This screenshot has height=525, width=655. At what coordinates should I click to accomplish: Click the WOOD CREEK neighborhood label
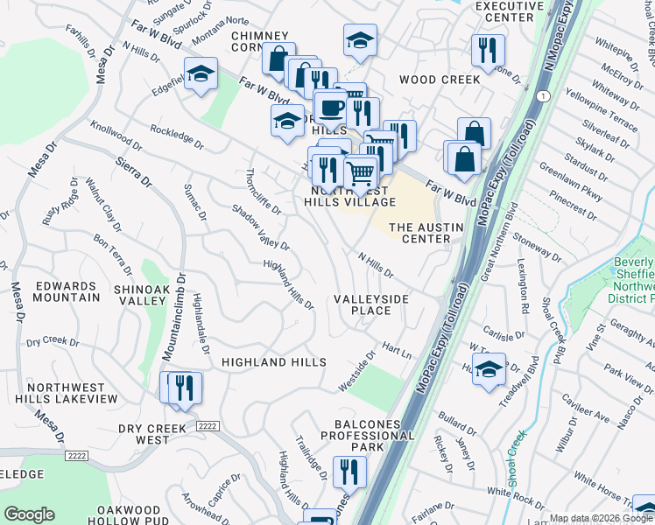click(440, 80)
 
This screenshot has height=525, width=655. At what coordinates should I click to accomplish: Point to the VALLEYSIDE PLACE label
click(371, 304)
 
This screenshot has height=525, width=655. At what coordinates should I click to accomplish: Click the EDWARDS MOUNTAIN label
click(67, 291)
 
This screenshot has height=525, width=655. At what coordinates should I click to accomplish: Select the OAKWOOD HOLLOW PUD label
click(128, 516)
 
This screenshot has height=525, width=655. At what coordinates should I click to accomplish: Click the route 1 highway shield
click(545, 94)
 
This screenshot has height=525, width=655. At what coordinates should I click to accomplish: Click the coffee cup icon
click(330, 108)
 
